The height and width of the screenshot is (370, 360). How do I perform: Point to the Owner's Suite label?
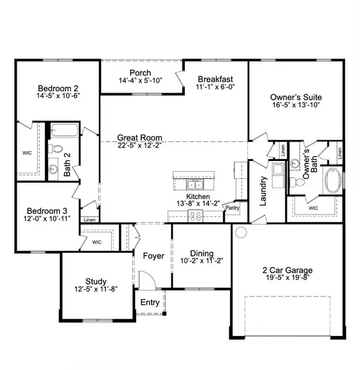point(296,97)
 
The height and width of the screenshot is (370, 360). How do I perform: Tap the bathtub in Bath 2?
point(63,130)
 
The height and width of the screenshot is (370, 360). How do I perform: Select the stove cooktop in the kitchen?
point(195,215)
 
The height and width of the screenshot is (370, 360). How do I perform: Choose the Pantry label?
point(232,208)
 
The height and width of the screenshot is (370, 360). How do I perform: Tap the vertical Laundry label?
point(263,191)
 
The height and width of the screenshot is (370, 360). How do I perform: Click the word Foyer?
point(153,256)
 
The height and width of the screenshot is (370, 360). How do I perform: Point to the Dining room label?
point(202,253)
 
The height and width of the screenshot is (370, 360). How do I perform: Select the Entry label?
point(150,302)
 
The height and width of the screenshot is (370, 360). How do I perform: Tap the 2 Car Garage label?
point(286,270)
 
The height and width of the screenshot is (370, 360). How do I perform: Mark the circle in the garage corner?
point(240,233)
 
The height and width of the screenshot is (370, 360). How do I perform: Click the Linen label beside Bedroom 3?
point(89,220)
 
